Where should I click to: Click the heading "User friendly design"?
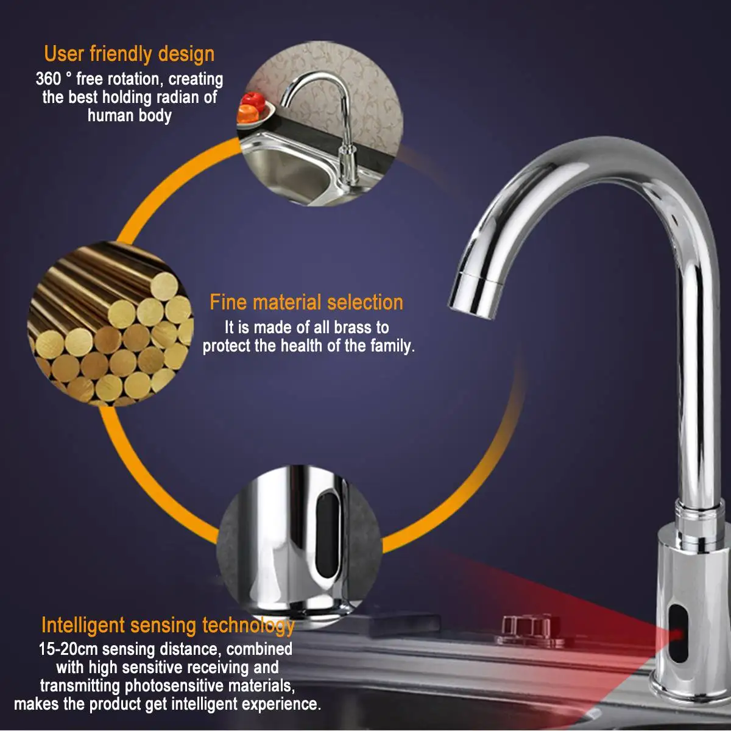pyautogui.click(x=129, y=54)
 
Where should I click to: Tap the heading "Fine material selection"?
pyautogui.click(x=306, y=302)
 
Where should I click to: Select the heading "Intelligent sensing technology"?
pyautogui.click(x=168, y=626)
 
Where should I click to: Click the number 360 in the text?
pyautogui.click(x=48, y=79)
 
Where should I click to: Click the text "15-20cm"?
pyautogui.click(x=68, y=649)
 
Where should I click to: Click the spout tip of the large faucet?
pyautogui.click(x=470, y=308)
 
